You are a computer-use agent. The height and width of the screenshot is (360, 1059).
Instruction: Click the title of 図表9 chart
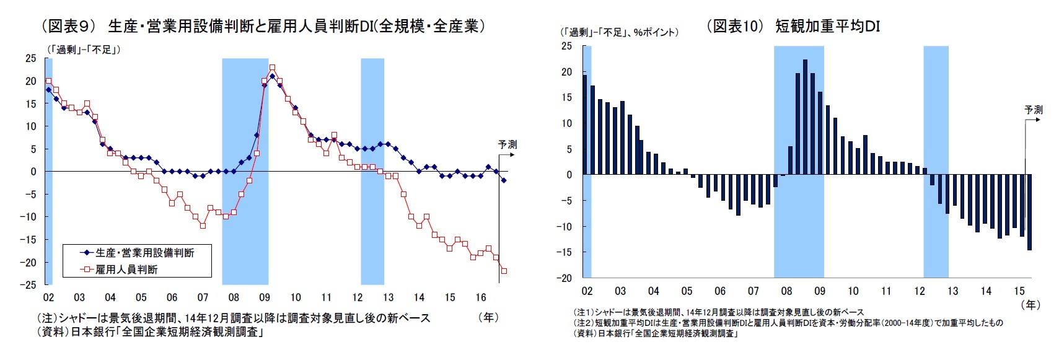(263, 27)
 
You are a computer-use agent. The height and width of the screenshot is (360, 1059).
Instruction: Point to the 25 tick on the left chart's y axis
(31, 58)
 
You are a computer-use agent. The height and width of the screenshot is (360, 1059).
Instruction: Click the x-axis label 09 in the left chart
(265, 297)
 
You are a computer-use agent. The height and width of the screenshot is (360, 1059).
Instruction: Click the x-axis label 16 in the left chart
(481, 297)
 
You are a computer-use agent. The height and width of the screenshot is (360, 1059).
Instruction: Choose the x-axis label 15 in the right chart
(1019, 291)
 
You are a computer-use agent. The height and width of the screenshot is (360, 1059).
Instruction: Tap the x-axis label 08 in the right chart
(786, 291)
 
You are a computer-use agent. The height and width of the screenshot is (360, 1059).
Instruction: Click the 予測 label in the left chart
(507, 144)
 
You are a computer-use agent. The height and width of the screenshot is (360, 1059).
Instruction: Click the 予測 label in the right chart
(1033, 110)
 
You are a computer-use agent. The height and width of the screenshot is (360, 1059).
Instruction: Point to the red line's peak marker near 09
(272, 68)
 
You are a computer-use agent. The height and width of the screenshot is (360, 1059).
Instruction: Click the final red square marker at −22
(504, 271)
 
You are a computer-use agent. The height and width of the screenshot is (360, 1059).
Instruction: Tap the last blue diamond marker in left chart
(504, 180)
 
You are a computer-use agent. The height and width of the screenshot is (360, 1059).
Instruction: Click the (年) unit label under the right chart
(1030, 305)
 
